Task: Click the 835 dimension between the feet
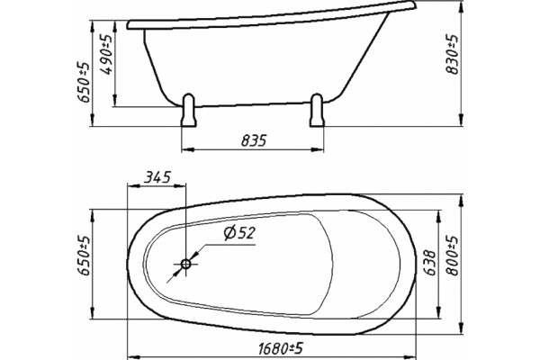coord(254,140)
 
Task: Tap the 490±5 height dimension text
coord(107,54)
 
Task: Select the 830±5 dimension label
coord(452,54)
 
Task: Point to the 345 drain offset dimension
coord(157,177)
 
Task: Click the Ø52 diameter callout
coord(239,233)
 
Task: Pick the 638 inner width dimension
coord(429,263)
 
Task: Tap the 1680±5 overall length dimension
coord(281,349)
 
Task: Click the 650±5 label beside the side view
coord(84,83)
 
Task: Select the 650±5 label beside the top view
coord(84,256)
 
